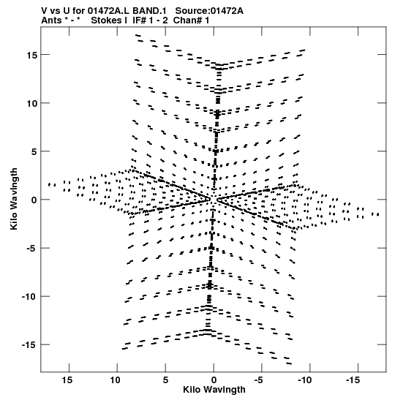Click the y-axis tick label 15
coord(32,55)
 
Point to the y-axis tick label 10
coord(32,103)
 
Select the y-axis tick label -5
coord(32,248)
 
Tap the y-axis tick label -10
coord(29,297)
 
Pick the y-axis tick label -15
coord(29,345)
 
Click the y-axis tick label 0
coord(34,200)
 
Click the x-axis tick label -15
coord(353,380)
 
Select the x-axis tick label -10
coord(305,380)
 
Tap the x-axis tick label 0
coord(214,380)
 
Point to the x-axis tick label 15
coord(67,380)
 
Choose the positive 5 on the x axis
coord(165,380)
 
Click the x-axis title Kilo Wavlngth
coord(214,390)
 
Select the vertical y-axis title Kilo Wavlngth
coord(14,199)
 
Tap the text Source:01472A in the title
coord(209,11)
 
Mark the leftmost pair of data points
coord(52,185)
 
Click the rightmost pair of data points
coord(375,214)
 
